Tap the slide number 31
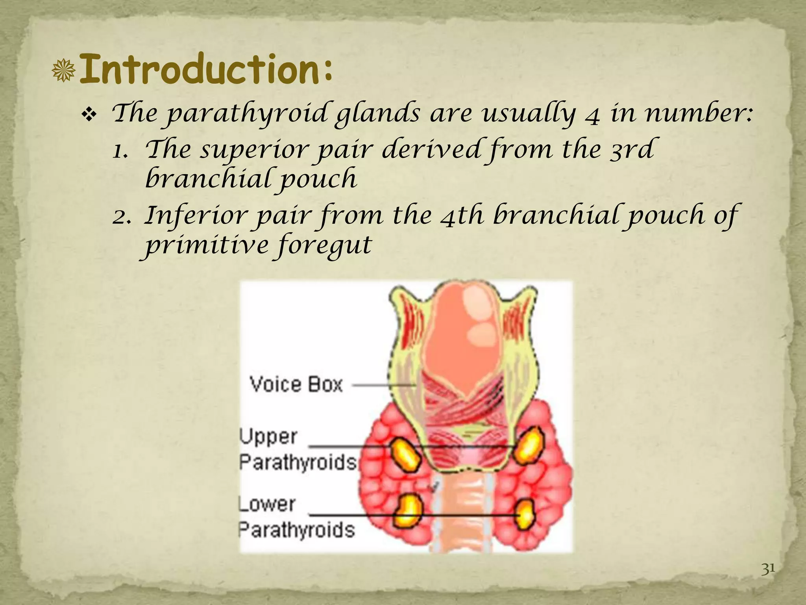[768, 569]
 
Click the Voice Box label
[296, 384]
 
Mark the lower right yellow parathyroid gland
[525, 514]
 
